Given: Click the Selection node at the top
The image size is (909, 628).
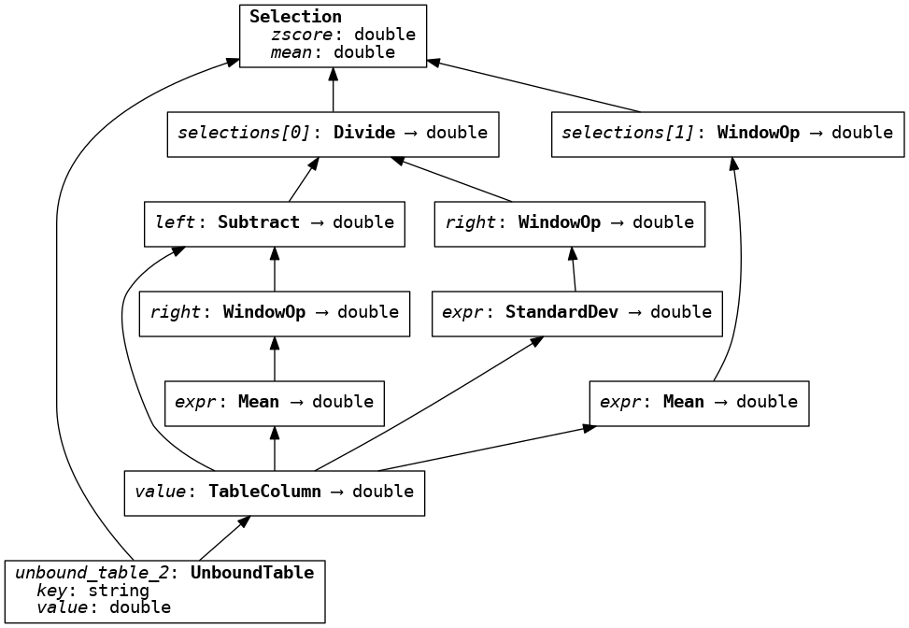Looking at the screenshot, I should tap(333, 36).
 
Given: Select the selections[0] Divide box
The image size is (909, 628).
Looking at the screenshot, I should tap(333, 134).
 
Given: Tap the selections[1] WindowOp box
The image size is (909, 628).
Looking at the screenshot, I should tap(727, 134).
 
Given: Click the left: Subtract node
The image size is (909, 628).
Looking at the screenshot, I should tap(274, 223).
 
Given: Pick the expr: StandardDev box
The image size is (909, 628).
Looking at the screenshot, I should tap(576, 313).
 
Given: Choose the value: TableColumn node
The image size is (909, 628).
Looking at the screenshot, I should tap(274, 492).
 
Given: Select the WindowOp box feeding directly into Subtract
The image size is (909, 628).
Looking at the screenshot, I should tap(274, 313).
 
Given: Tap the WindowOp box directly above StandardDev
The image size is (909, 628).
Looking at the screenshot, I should tap(569, 223).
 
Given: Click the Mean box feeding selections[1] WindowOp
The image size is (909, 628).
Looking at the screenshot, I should tap(698, 403).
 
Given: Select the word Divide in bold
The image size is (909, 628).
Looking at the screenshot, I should tap(364, 133).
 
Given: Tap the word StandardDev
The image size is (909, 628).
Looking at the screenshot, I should tap(561, 312).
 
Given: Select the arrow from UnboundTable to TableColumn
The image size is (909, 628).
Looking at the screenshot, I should tap(224, 537).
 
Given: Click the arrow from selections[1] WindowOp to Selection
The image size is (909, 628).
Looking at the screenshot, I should tap(533, 86).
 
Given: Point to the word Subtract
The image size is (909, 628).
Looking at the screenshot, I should tap(259, 222).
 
